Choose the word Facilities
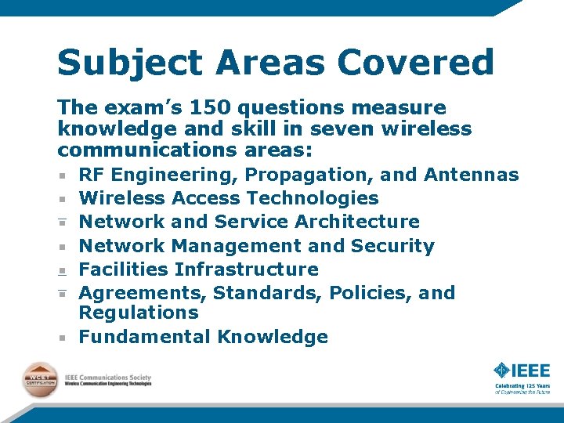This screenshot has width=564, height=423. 124,269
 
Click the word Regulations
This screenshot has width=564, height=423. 139,313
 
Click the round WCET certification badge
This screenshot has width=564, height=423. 40,380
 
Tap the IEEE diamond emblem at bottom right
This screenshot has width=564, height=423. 501,370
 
